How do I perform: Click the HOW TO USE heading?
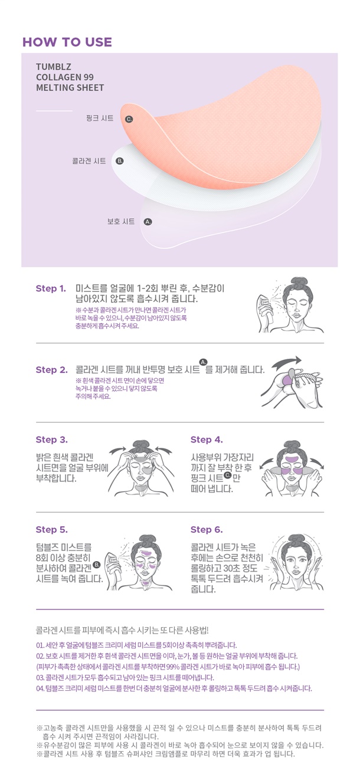pos(67,42)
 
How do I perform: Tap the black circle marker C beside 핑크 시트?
pos(129,119)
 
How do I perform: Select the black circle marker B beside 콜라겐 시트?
pos(119,161)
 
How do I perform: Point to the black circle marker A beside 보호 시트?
pos(148,222)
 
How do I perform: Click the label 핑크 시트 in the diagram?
pos(100,118)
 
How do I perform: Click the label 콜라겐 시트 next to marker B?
pos(89,161)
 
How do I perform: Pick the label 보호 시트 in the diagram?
pos(121,221)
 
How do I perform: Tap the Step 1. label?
pos(51,288)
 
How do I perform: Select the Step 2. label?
pos(52,370)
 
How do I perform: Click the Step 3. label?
pos(52,440)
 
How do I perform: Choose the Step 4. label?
pos(207,440)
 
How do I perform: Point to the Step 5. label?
pos(52,530)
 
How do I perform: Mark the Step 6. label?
pos(207,530)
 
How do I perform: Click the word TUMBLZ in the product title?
pos(54,67)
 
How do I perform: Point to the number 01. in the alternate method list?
pos(40,645)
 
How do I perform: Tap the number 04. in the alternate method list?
pos(40,689)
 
